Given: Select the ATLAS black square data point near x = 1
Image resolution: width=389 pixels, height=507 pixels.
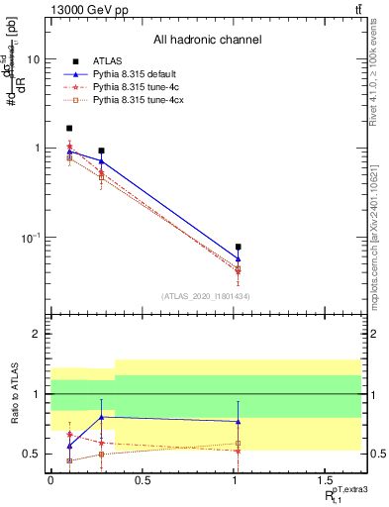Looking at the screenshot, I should point(239,247).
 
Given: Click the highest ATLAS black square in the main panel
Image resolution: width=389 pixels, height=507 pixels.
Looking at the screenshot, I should point(69,128).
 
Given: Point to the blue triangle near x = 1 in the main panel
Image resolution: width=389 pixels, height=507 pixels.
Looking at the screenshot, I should point(239,258).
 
